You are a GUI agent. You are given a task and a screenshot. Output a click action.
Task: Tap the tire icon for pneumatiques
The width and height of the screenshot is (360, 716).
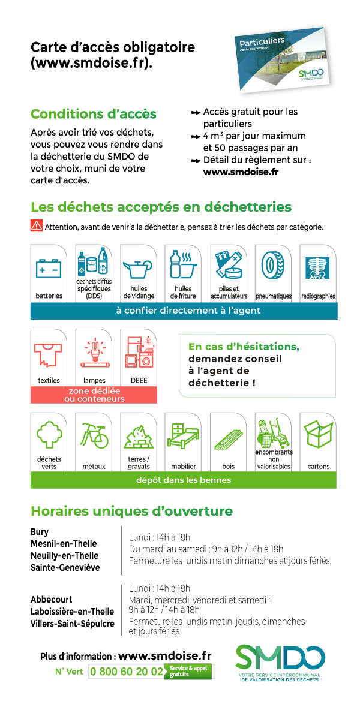(x=273, y=264)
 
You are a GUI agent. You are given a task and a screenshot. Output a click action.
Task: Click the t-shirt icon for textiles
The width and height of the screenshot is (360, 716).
(x=49, y=354)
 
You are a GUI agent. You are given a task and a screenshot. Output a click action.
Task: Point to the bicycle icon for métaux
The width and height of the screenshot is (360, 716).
(x=94, y=437)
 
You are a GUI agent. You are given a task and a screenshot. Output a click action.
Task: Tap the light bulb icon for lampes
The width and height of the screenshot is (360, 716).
(x=94, y=353)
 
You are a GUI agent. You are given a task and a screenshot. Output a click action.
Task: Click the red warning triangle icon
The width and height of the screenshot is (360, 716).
(x=37, y=226)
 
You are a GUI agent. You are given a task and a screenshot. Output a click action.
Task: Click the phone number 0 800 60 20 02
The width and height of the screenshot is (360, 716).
(x=126, y=672)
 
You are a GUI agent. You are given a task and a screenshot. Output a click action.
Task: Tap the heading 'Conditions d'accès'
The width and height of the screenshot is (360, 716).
(x=94, y=114)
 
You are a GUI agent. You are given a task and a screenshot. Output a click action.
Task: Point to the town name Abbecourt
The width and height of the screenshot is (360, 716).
(x=51, y=599)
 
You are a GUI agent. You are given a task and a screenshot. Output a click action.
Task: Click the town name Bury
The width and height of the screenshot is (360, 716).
(x=40, y=531)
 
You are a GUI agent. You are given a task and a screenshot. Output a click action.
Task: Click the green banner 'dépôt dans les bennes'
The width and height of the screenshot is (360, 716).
(x=183, y=480)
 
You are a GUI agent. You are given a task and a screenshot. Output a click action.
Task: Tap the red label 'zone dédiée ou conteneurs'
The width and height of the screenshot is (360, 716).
(x=93, y=395)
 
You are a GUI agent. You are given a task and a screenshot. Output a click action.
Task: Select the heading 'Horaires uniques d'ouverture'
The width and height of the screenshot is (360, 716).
(x=131, y=511)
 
